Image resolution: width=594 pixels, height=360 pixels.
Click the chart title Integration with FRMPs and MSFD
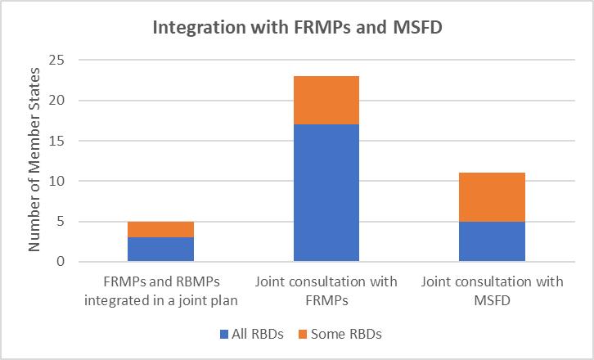click(296, 26)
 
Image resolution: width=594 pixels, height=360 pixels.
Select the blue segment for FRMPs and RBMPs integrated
click(160, 250)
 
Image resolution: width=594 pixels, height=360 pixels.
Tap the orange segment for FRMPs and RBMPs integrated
click(160, 229)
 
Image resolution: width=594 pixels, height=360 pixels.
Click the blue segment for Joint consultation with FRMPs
click(326, 193)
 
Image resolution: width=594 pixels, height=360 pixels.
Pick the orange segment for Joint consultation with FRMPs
click(326, 100)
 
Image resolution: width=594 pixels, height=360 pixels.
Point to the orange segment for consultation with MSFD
click(492, 197)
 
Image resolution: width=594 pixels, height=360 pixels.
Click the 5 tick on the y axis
click(59, 222)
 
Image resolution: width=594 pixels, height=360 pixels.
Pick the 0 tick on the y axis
click(59, 262)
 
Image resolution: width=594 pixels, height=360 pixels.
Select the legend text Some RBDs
click(354, 334)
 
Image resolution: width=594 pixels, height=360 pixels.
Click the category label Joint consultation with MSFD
click(492, 290)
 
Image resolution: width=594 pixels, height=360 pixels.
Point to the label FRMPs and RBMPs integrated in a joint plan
click(160, 290)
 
